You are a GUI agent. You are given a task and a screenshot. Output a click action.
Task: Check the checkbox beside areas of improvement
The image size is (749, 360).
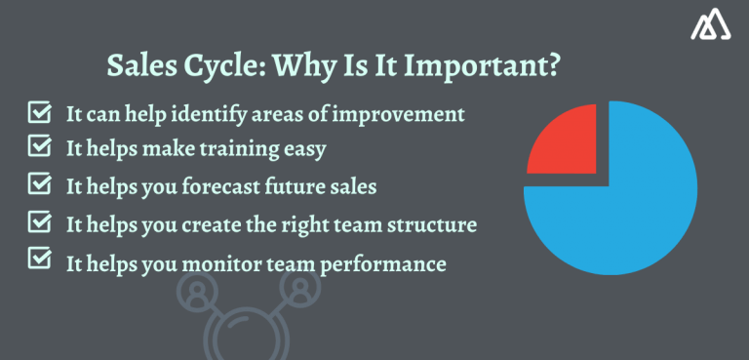tap(40, 112)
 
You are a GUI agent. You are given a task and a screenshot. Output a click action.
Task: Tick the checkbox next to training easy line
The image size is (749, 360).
tap(40, 146)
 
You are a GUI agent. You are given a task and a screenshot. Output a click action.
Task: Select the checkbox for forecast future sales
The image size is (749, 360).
tap(40, 183)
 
